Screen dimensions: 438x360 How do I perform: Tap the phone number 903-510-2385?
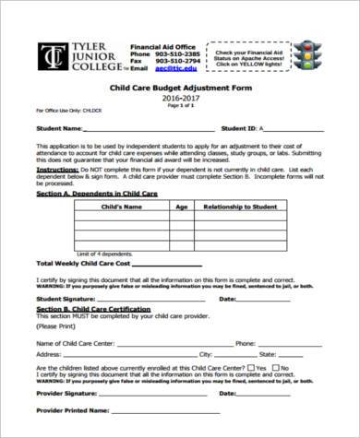click(x=175, y=53)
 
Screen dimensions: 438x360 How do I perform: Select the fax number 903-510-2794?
click(x=175, y=61)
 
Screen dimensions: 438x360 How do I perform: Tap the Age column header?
click(x=182, y=208)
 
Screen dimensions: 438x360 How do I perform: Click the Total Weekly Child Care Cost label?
click(x=78, y=263)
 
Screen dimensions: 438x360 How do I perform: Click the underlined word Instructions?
click(x=56, y=171)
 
